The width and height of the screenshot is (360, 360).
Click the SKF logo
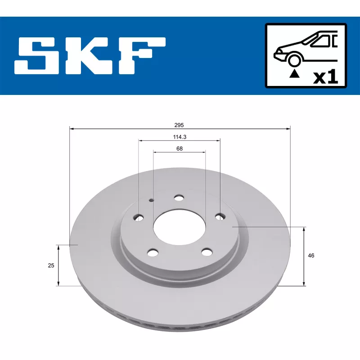pyautogui.click(x=90, y=56)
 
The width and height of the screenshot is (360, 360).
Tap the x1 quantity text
pyautogui.click(x=326, y=77)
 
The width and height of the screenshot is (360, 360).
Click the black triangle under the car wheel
pyautogui.click(x=294, y=74)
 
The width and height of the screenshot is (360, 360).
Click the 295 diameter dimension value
pyautogui.click(x=179, y=125)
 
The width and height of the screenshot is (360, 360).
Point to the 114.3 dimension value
pyautogui.click(x=180, y=137)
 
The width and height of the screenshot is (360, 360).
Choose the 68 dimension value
pyautogui.click(x=180, y=149)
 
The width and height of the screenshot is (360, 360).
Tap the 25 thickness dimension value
pyautogui.click(x=51, y=265)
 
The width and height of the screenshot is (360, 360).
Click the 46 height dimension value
pyautogui.click(x=311, y=256)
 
